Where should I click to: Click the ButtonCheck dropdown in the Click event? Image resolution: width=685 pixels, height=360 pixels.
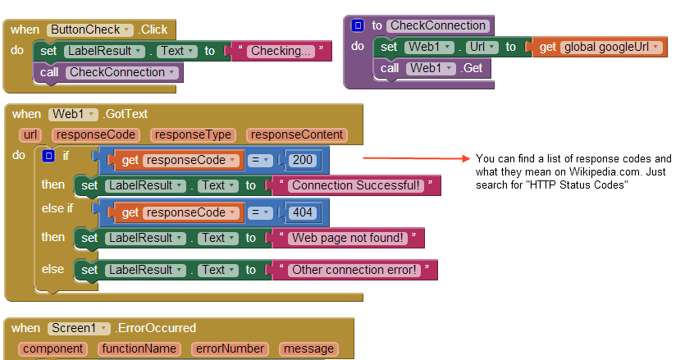pyautogui.click(x=89, y=30)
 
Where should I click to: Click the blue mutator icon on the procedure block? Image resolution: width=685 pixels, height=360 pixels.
pyautogui.click(x=358, y=25)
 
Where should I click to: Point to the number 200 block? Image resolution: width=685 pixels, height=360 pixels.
pyautogui.click(x=302, y=159)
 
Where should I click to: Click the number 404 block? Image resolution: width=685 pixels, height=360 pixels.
pyautogui.click(x=302, y=212)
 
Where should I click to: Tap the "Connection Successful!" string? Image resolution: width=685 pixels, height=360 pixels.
pyautogui.click(x=356, y=185)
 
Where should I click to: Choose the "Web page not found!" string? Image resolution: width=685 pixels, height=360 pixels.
pyautogui.click(x=347, y=238)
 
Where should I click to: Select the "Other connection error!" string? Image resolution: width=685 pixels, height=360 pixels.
pyautogui.click(x=354, y=269)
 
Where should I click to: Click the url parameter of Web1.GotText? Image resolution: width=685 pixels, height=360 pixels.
pyautogui.click(x=31, y=135)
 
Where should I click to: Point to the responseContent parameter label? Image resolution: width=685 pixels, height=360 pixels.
pyautogui.click(x=297, y=135)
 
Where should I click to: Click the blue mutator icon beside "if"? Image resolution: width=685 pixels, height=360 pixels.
pyautogui.click(x=48, y=155)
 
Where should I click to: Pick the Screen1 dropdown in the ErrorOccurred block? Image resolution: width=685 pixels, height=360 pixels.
pyautogui.click(x=78, y=328)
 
